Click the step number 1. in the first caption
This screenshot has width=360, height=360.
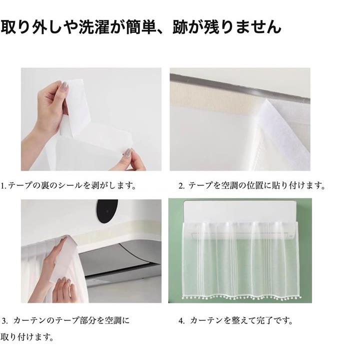[x=3, y=185]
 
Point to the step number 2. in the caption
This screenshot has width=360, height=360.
[x=181, y=185]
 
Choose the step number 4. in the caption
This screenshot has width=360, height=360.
[x=181, y=320]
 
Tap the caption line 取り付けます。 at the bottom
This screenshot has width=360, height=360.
[x=27, y=337]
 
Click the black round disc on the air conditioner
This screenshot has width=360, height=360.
[x=107, y=211]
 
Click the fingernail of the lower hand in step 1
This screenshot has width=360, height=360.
[x=128, y=151]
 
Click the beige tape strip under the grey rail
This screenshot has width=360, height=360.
[x=216, y=99]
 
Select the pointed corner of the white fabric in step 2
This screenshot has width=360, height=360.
[x=266, y=99]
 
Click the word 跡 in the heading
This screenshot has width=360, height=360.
[x=180, y=27]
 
